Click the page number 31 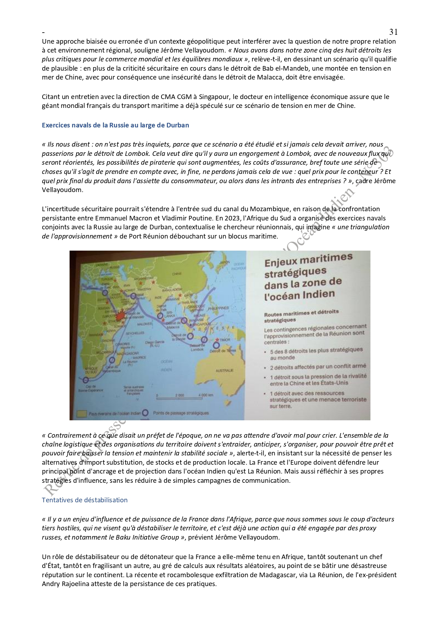tap(393, 32)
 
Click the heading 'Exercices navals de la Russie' tap(115, 125)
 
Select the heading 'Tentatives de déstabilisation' tap(84, 500)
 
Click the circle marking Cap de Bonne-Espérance tap(85, 380)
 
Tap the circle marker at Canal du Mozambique tap(112, 359)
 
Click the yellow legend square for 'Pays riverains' tap(82, 413)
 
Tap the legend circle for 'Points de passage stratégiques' tap(145, 413)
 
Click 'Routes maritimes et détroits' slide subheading tap(301, 312)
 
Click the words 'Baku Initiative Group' tap(147, 537)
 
